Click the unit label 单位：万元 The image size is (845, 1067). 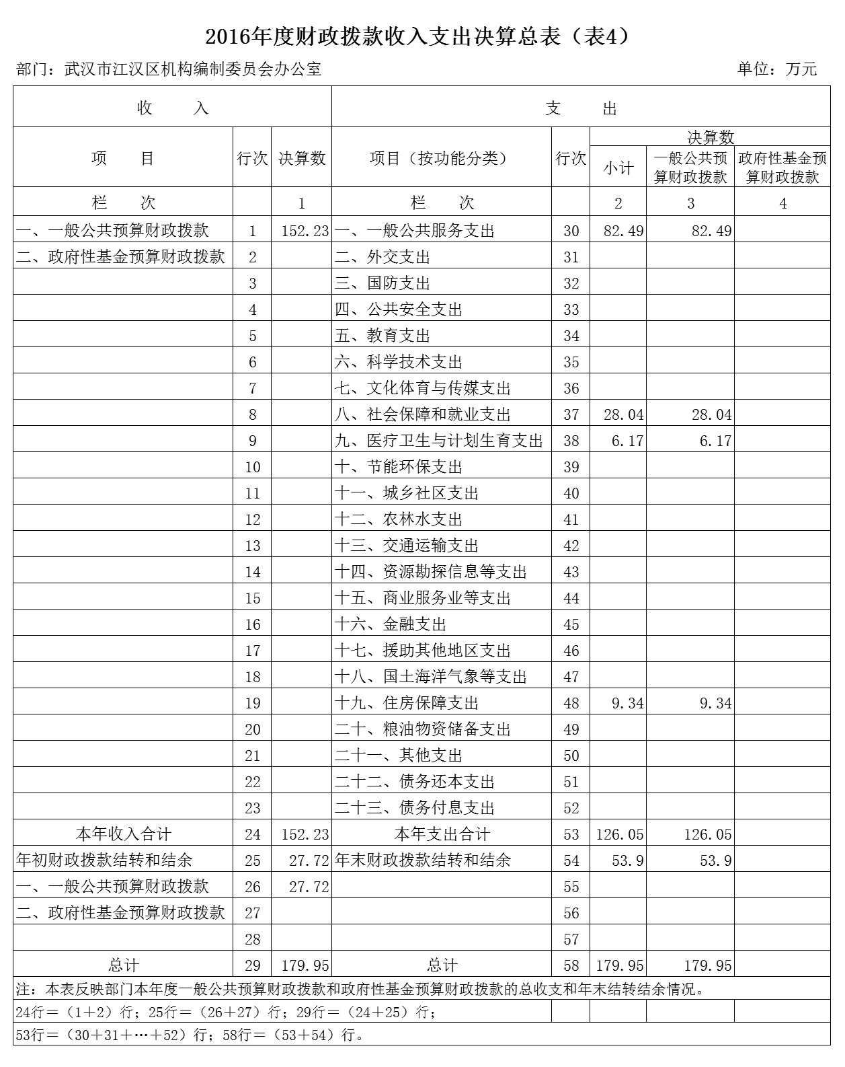coord(776,69)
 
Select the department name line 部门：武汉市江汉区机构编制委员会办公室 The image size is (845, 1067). coord(169,69)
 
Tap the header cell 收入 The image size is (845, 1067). coord(172,108)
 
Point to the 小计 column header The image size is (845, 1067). coord(618,168)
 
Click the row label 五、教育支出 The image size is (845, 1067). coord(383,336)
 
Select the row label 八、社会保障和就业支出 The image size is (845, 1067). coord(422,414)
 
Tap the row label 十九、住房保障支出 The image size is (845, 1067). coord(406,703)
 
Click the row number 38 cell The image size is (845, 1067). coord(571,441)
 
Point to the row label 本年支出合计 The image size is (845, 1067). coord(442,834)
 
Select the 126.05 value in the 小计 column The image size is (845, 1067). coord(619,834)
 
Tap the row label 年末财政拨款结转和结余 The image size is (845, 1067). coord(422,860)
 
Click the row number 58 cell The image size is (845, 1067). coord(571,965)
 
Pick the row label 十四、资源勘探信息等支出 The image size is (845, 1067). coord(430,572)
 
